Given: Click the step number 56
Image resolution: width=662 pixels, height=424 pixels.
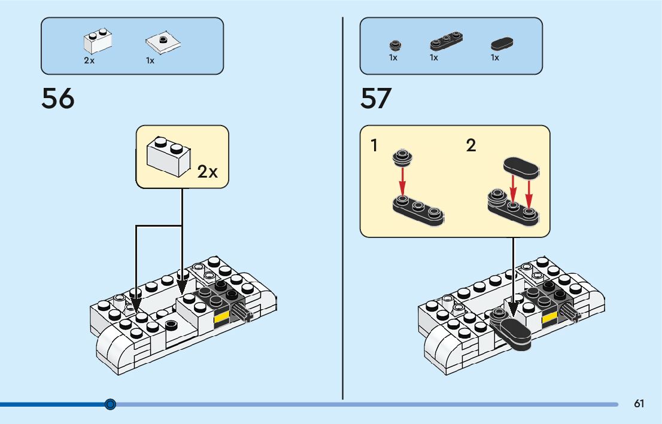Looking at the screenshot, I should tap(58, 99).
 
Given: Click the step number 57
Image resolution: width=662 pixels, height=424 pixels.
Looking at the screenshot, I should tap(376, 99).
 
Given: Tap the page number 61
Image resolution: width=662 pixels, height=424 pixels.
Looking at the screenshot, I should tap(639, 404).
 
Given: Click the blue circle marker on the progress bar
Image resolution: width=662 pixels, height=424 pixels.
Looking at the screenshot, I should tap(110, 404).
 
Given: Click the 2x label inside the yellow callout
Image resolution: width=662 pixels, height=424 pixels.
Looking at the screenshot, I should tap(208, 172).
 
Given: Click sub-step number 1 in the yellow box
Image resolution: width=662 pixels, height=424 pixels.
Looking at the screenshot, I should tap(375, 145).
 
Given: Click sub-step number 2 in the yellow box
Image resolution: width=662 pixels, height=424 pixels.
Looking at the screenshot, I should tap(471, 145).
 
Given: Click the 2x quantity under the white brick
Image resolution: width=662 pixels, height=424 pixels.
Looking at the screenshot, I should tap(89, 61).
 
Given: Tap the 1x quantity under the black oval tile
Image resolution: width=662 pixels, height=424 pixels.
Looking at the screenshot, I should tap(495, 58).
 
